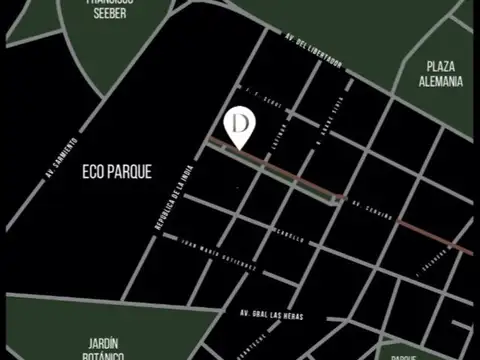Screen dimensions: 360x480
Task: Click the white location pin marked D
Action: (x=240, y=126)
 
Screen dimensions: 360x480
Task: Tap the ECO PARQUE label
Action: (x=117, y=172)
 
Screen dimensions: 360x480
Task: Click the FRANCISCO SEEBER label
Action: (x=109, y=8)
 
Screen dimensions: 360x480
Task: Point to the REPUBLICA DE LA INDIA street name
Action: (x=170, y=200)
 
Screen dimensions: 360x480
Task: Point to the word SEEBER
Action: (x=109, y=14)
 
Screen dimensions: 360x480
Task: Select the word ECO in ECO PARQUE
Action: (x=92, y=172)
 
